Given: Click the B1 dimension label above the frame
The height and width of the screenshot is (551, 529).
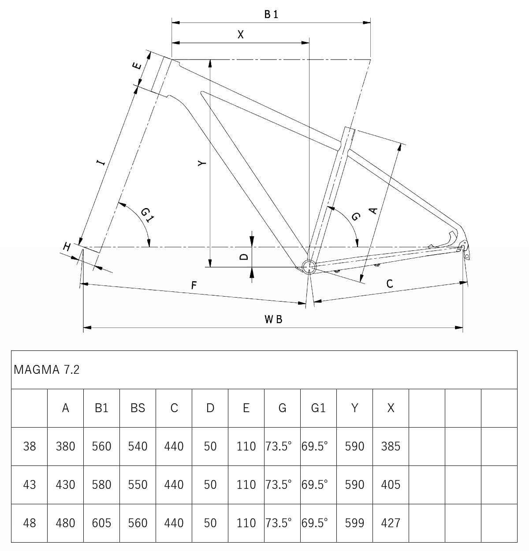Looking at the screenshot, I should pyautogui.click(x=271, y=15).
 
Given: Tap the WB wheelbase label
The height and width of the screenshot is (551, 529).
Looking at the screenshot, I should pyautogui.click(x=273, y=319).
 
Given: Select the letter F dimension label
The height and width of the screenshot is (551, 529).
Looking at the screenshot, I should pyautogui.click(x=194, y=286).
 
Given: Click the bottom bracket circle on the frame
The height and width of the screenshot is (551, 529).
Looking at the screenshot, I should pyautogui.click(x=308, y=266).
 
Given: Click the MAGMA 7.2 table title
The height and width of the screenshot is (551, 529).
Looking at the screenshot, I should pyautogui.click(x=47, y=369).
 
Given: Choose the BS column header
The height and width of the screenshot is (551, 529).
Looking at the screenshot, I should pyautogui.click(x=138, y=408).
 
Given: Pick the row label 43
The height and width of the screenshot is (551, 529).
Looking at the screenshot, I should pyautogui.click(x=30, y=484).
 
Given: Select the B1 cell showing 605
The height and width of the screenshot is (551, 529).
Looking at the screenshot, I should pyautogui.click(x=101, y=523).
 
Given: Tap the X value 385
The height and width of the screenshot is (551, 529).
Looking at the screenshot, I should pyautogui.click(x=391, y=446).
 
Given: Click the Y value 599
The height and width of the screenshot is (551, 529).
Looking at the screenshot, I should pyautogui.click(x=354, y=523).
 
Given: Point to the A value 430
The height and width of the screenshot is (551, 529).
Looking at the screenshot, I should pyautogui.click(x=65, y=484).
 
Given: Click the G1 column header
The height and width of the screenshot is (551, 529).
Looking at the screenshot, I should pyautogui.click(x=318, y=408).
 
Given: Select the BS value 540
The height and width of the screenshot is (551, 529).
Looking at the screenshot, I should pyautogui.click(x=138, y=446).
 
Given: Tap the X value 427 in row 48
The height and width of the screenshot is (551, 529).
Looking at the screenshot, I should pyautogui.click(x=391, y=523).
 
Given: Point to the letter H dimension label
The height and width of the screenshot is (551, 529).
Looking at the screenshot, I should pyautogui.click(x=67, y=247).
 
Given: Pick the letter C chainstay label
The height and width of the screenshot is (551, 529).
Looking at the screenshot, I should pyautogui.click(x=389, y=284).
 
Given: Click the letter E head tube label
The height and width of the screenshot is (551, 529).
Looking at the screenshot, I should pyautogui.click(x=137, y=66).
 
